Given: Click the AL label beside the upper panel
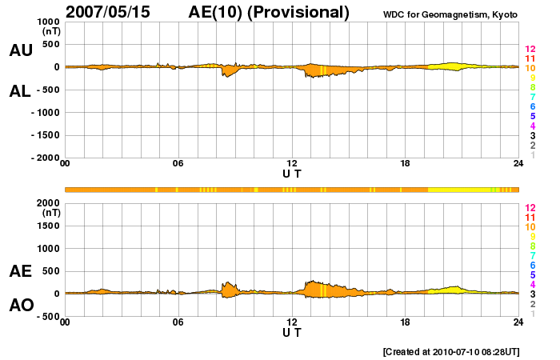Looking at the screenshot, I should pyautogui.click(x=20, y=91).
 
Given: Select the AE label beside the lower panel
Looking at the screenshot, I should pyautogui.click(x=20, y=271).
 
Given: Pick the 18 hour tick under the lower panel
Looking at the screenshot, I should pyautogui.click(x=406, y=322).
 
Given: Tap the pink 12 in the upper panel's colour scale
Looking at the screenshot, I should pyautogui.click(x=530, y=49).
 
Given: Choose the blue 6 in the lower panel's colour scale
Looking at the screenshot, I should pyautogui.click(x=532, y=265).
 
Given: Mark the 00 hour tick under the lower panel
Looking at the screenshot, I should pyautogui.click(x=65, y=322).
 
